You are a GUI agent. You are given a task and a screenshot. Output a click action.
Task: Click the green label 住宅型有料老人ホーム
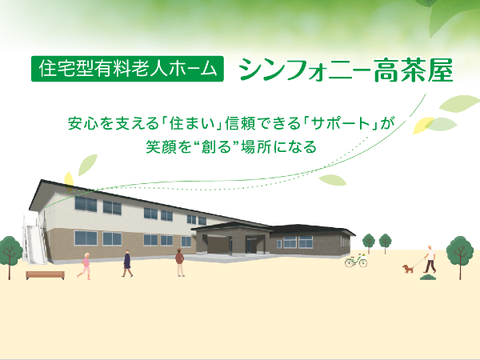[128, 69]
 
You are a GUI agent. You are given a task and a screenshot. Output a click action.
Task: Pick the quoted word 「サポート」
[342, 125]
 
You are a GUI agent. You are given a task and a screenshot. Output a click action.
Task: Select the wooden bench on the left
[45, 274]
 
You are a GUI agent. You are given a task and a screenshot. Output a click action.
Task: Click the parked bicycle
[356, 260]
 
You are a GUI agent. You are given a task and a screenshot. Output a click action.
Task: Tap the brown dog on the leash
[409, 269]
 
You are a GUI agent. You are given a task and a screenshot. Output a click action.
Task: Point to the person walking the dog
[430, 258]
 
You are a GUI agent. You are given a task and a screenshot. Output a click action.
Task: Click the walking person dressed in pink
[84, 264]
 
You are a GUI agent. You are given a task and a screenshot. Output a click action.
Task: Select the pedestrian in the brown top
[178, 262]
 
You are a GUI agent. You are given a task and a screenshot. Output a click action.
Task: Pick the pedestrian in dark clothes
[126, 262]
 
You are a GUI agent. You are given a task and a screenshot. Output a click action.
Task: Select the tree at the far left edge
[8, 251]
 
